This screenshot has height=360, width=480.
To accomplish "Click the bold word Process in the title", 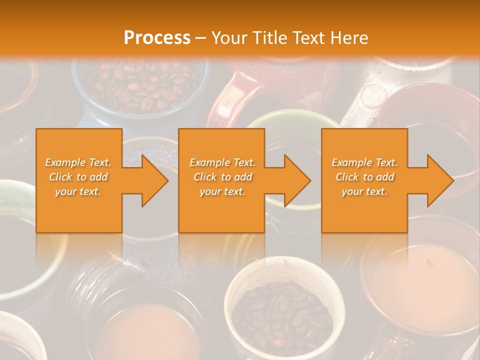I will pos(157,37).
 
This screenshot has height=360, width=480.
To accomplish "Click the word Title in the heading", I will pos(268,38).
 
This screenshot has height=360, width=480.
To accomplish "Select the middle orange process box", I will pos(221,210).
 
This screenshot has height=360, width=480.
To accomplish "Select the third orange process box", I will pos(364,210).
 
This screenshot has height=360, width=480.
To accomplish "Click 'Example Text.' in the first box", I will pos(78,162).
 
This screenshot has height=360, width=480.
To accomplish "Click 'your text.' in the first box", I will pos(78,191).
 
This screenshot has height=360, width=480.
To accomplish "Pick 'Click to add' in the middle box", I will pos(222,177).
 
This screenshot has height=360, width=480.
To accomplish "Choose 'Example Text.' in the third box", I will pos(364,162).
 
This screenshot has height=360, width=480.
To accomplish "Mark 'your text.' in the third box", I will pos(364,191).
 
